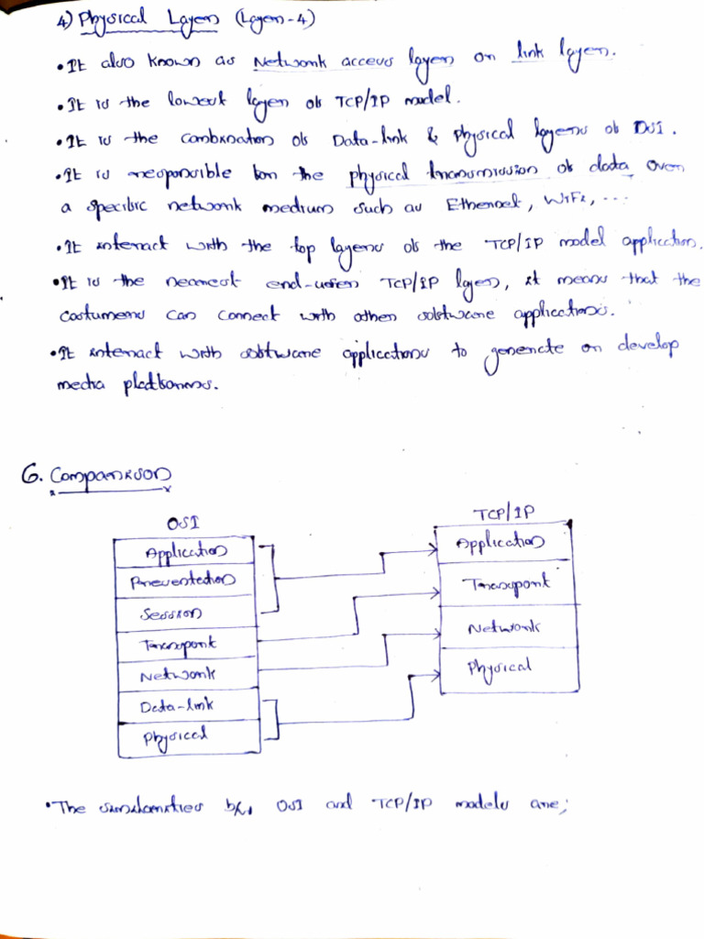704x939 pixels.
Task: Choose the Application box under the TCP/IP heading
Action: point(504,543)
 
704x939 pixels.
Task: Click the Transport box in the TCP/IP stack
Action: point(504,584)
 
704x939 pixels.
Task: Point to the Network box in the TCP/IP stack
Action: point(504,627)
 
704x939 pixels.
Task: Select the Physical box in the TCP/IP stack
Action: point(504,668)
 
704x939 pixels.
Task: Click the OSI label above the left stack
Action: point(184,524)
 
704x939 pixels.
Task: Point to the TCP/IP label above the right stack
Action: point(503,514)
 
